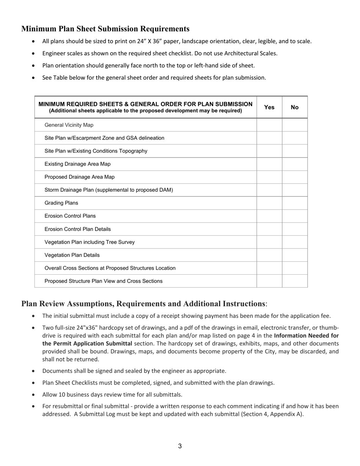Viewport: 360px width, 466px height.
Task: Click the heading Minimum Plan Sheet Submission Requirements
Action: (105, 29)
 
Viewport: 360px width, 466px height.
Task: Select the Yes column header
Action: (269, 107)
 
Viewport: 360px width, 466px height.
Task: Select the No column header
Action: (294, 107)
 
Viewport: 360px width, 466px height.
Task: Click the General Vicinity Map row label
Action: (69, 125)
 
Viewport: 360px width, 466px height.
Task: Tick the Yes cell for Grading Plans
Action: (269, 203)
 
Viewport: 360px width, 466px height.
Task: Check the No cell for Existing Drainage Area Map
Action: (294, 164)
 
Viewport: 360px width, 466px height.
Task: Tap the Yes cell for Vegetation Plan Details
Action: (269, 255)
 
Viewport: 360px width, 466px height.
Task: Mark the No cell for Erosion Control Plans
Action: (294, 216)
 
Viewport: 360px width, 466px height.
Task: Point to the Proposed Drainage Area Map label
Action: (80, 177)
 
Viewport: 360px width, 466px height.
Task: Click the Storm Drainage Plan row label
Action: (109, 190)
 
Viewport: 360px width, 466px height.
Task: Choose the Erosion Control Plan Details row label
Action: (78, 229)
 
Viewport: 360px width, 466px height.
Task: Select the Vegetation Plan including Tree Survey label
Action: (89, 242)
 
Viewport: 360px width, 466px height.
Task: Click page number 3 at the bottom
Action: (180, 446)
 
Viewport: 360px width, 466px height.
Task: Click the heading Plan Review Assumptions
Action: (143, 304)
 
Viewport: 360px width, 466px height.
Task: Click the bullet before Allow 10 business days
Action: (34, 395)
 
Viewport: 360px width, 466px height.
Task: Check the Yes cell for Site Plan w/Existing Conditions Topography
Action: (269, 151)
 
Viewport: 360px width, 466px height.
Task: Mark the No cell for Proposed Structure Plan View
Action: (294, 281)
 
